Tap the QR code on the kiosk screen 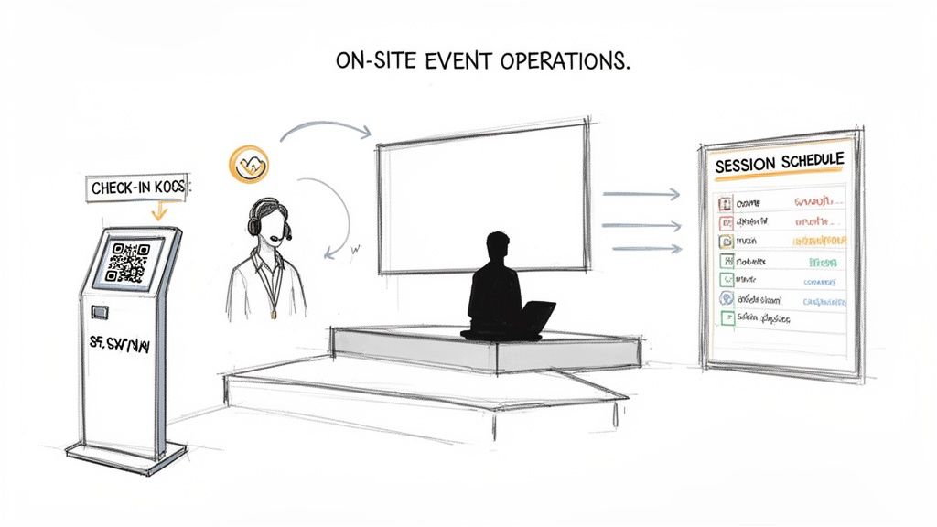click(x=128, y=261)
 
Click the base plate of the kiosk click(x=126, y=456)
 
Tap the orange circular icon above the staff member click(x=245, y=165)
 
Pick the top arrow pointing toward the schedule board click(x=641, y=193)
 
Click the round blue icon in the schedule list click(x=723, y=299)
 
